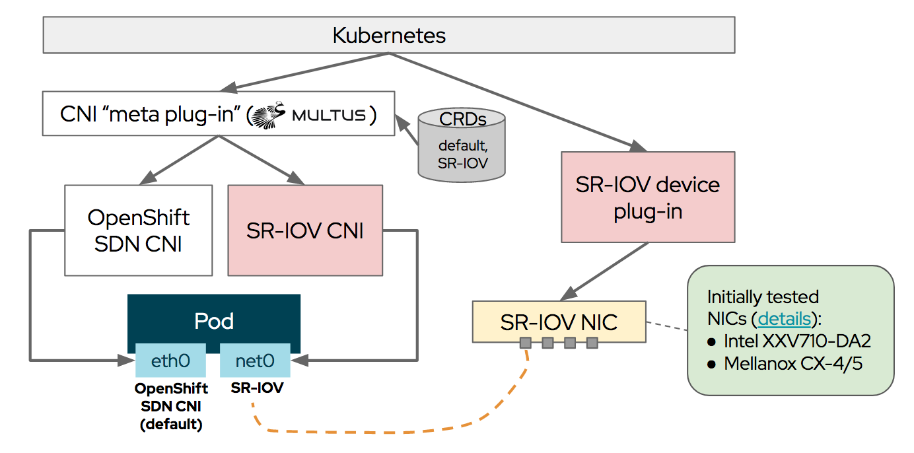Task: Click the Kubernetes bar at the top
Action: pos(388,35)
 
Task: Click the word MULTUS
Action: pos(328,116)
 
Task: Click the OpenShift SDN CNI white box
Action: pos(139,230)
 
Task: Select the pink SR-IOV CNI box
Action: pos(304,230)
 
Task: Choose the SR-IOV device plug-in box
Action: pos(647,197)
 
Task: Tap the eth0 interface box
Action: pos(170,361)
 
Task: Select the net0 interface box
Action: pos(255,361)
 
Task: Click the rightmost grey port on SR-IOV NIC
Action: pos(592,343)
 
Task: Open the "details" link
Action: pos(784,318)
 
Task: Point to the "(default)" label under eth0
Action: pos(171,424)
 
